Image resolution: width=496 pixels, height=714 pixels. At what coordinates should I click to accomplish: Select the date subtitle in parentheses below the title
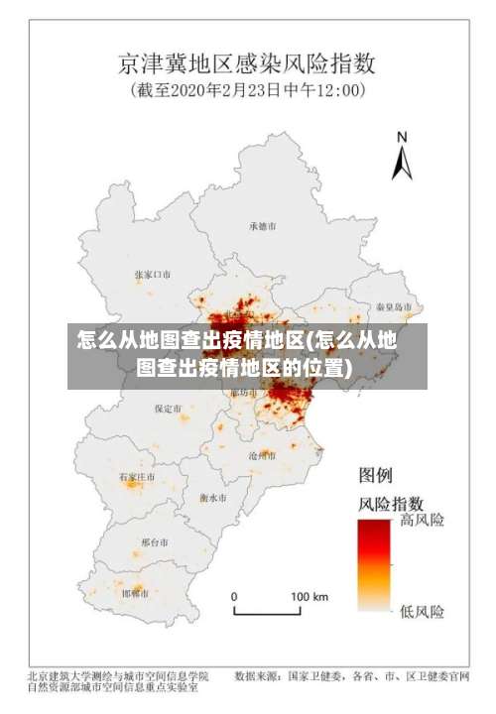(x=247, y=91)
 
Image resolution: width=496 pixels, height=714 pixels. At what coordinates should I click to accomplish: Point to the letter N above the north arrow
(x=402, y=138)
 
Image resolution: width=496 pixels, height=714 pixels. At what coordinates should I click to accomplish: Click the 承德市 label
(x=264, y=226)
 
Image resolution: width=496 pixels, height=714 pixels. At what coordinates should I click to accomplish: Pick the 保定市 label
(x=168, y=408)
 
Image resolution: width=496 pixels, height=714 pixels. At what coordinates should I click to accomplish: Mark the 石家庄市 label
(x=138, y=477)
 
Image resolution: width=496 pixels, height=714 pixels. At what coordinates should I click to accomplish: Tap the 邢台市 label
(x=155, y=542)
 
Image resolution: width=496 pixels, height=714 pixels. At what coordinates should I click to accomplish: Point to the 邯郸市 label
(x=136, y=593)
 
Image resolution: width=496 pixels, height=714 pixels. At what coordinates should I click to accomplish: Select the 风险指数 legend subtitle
(x=391, y=502)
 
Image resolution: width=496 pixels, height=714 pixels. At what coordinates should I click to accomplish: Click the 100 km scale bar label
(x=309, y=597)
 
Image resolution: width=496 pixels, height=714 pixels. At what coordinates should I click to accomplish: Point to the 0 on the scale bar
(x=235, y=597)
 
